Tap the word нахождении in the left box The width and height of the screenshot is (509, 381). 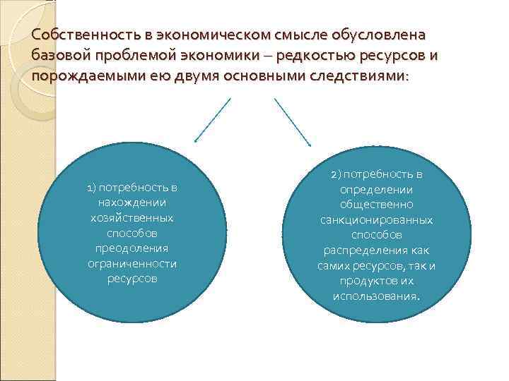click(x=131, y=202)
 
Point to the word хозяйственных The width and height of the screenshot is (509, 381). click(x=131, y=218)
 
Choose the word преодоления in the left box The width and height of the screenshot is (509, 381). click(x=131, y=248)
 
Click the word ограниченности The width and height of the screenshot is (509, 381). click(x=131, y=263)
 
